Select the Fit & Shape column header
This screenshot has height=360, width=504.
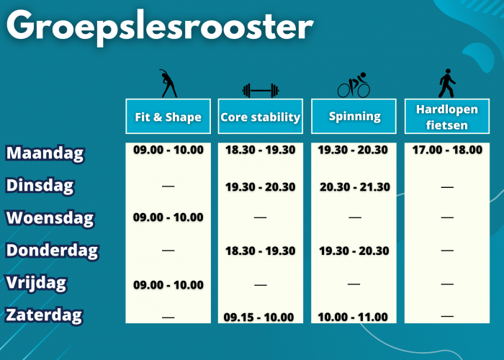[168, 117]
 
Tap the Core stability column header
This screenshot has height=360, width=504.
[261, 117]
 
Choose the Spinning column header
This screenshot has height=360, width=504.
[354, 117]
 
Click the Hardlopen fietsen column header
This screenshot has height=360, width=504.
[447, 117]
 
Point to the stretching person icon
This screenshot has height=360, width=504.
[168, 84]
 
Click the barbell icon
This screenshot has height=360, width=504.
[261, 91]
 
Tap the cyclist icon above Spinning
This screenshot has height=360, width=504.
[354, 85]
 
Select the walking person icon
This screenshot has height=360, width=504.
[447, 83]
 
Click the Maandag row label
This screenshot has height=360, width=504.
[45, 153]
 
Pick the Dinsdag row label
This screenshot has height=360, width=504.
[40, 186]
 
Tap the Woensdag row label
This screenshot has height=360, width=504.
[50, 218]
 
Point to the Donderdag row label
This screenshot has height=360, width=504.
[52, 251]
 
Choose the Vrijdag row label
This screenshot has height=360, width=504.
[36, 284]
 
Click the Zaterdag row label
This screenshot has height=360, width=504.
[44, 315]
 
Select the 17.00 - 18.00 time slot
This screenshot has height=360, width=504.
[447, 150]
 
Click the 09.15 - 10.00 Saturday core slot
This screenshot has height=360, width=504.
[258, 318]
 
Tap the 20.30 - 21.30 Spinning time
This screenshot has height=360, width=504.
[355, 187]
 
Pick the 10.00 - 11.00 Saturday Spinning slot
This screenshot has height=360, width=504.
[353, 318]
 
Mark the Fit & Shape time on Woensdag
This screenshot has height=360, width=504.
[168, 217]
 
